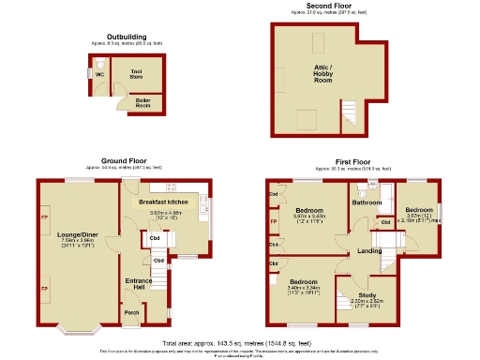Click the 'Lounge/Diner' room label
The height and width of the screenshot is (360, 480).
(76, 238)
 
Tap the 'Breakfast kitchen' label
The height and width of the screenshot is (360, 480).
(164, 202)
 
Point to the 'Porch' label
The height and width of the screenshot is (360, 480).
(133, 312)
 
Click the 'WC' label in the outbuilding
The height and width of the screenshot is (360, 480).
(100, 77)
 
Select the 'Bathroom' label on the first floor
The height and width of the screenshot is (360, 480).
(367, 202)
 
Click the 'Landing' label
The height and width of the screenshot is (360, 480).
(367, 250)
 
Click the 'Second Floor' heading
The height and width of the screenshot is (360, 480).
(323, 6)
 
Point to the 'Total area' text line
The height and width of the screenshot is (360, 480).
(240, 342)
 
